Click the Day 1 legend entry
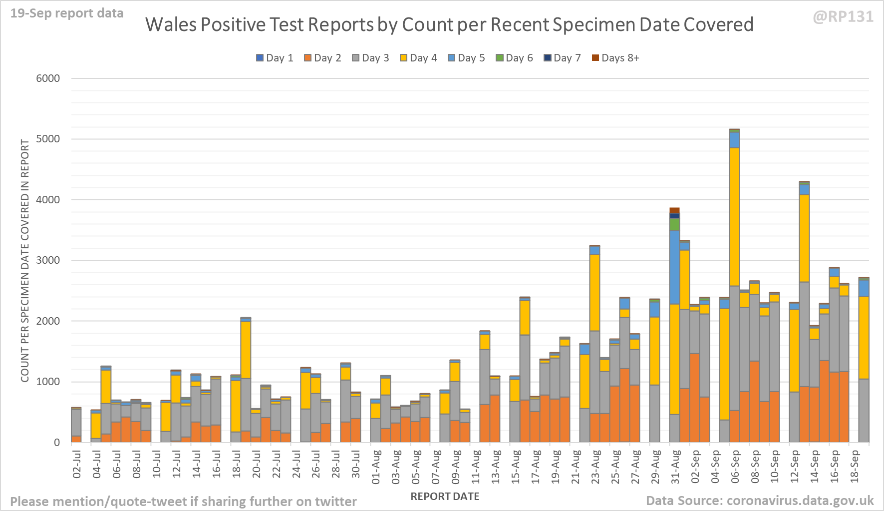pyautogui.click(x=275, y=58)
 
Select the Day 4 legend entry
pyautogui.click(x=418, y=58)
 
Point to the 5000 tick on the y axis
pyautogui.click(x=48, y=139)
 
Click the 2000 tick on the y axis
pyautogui.click(x=48, y=321)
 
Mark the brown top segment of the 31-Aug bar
pyautogui.click(x=674, y=210)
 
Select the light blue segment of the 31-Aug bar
pyautogui.click(x=674, y=267)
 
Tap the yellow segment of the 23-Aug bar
pyautogui.click(x=594, y=292)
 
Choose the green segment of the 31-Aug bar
pyautogui.click(x=674, y=224)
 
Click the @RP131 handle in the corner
pyautogui.click(x=843, y=17)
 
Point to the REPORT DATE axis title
pyautogui.click(x=445, y=497)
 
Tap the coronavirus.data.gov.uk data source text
pyautogui.click(x=800, y=501)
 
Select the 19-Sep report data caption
pyautogui.click(x=67, y=13)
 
